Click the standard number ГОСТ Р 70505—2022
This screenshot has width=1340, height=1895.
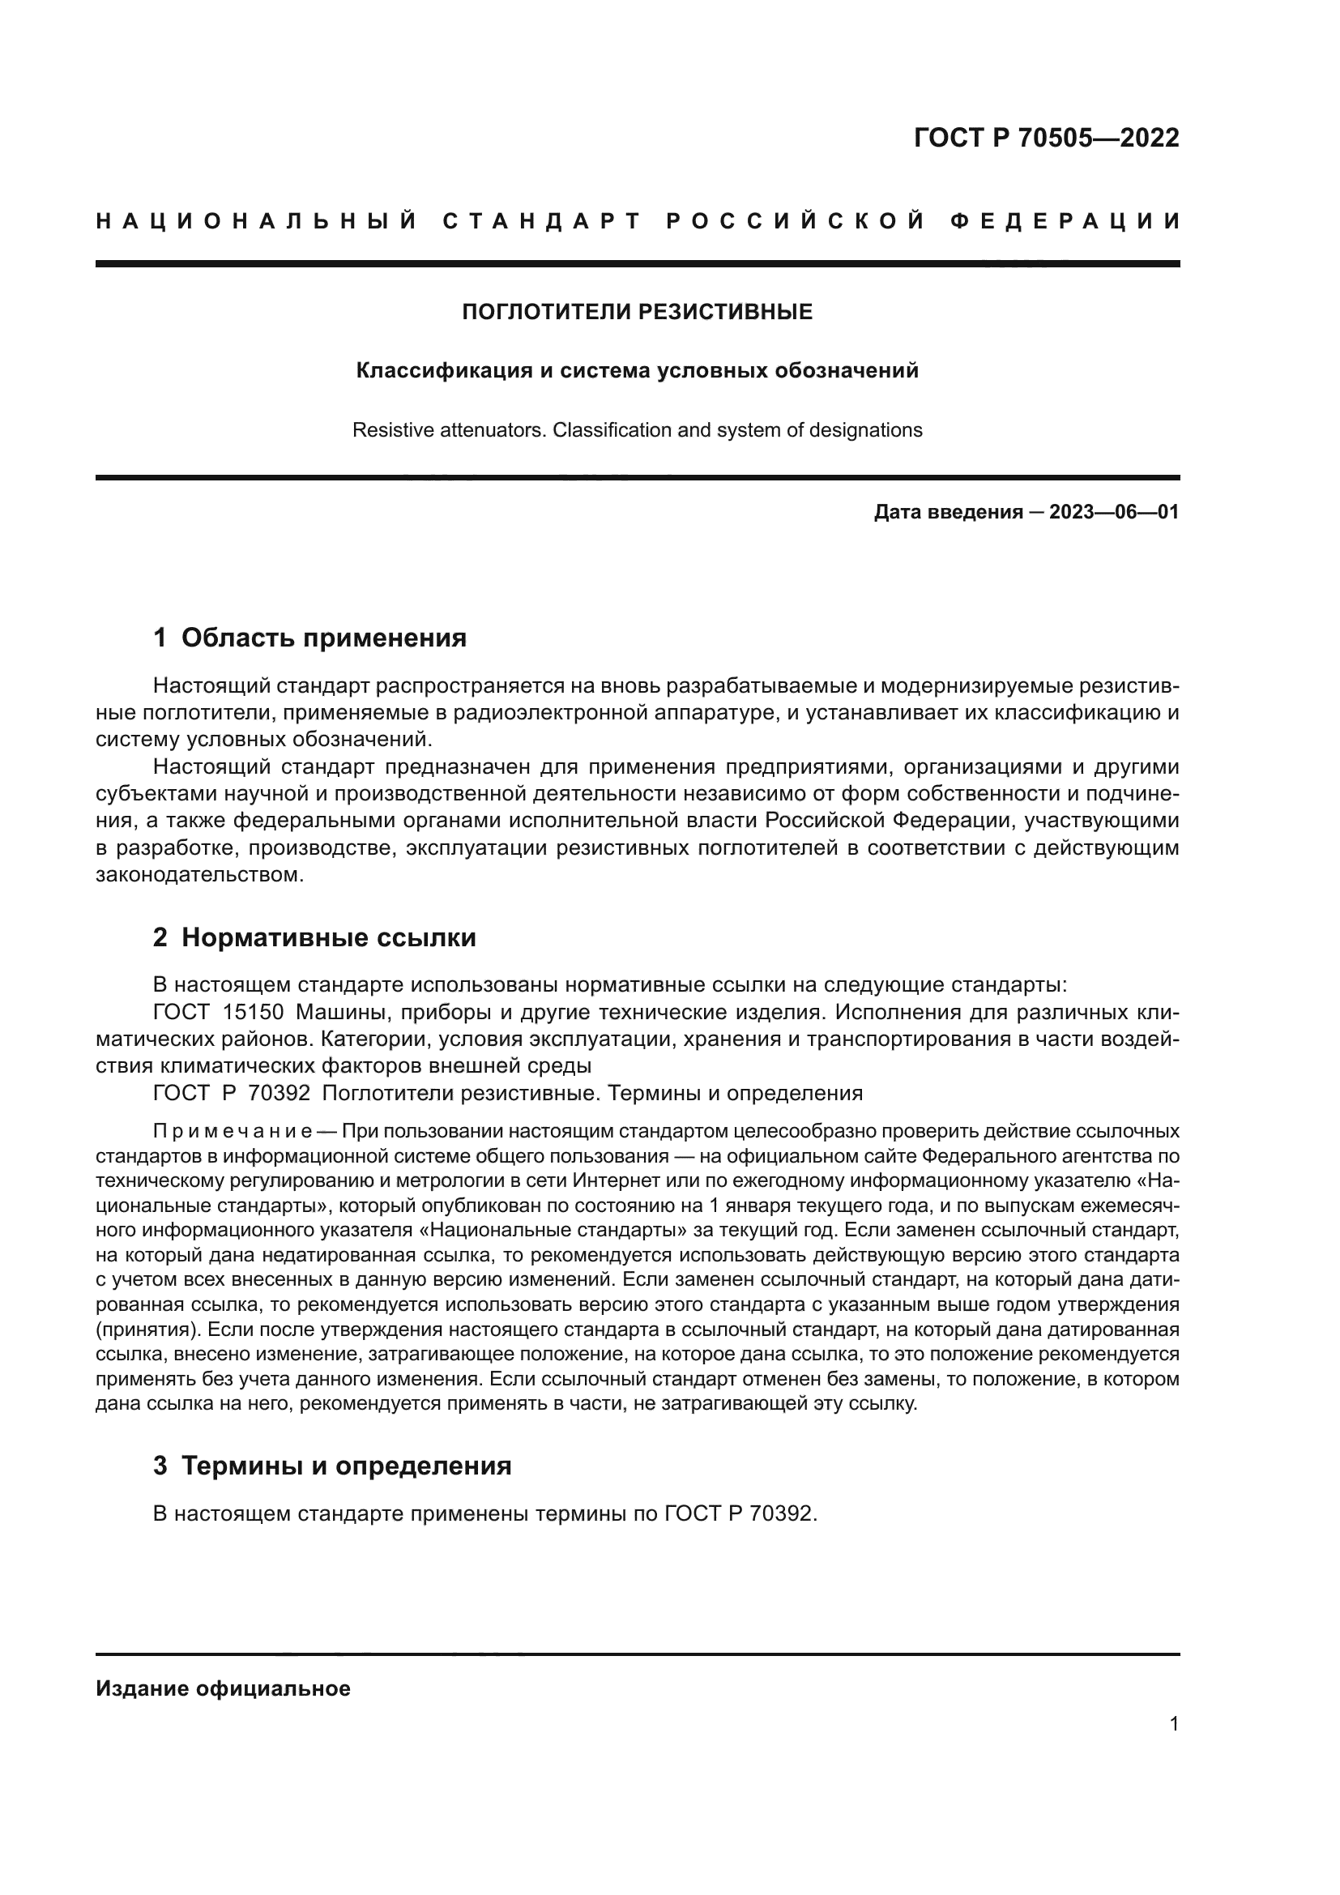point(1046,138)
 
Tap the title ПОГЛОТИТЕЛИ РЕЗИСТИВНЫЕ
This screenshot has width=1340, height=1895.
point(637,312)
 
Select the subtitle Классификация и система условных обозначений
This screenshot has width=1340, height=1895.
point(637,371)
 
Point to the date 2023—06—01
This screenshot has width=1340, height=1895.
point(1114,513)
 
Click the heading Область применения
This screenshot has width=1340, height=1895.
point(323,638)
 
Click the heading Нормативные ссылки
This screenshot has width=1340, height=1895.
point(328,938)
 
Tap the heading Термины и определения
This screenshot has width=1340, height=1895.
point(346,1466)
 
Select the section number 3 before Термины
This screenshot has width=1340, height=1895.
point(160,1466)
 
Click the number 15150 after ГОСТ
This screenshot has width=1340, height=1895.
point(253,1013)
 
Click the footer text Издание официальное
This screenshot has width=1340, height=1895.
point(223,1688)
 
